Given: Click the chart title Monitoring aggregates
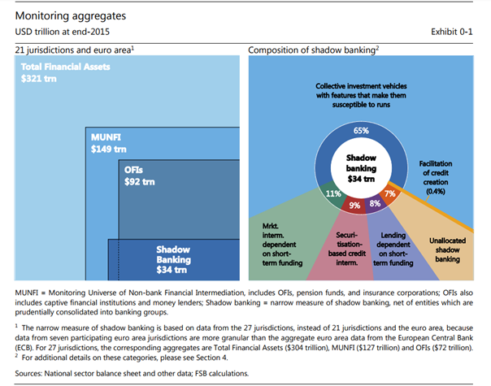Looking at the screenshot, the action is coord(71,16).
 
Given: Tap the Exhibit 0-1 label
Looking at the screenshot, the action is coord(451,32).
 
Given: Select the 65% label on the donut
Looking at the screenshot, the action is coord(361,131).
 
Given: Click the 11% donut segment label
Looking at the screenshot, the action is coord(333,193).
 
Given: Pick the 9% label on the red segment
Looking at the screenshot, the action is coord(354,206).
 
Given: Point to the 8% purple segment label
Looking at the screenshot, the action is coord(375,203).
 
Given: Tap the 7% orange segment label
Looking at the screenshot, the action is coord(390,193).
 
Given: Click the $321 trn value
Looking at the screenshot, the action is coord(39,79).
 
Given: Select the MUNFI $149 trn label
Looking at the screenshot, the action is coord(109,143).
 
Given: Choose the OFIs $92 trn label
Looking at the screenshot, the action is coord(139,176).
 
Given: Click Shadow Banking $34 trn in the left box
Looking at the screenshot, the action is coord(173,259).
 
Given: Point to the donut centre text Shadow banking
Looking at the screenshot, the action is coord(361,163).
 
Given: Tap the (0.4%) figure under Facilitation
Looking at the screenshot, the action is coord(436,191).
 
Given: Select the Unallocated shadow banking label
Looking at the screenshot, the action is coord(447,249).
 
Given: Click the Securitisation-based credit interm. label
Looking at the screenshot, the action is coord(347,249).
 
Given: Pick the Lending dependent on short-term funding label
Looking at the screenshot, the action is coord(393,249).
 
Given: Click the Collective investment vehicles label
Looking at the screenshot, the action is coord(361,95).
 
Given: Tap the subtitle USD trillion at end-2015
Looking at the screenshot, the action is coord(63,32).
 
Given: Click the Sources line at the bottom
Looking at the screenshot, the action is coord(132,374).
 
